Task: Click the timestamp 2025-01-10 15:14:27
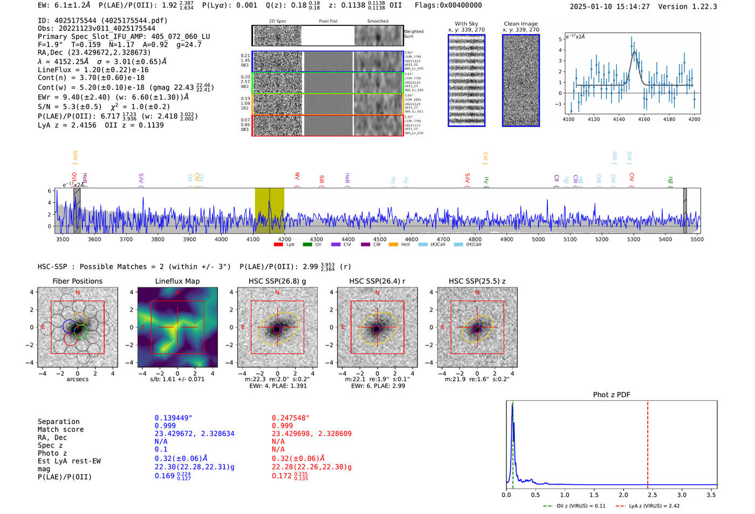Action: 609,6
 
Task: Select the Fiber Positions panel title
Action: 77,281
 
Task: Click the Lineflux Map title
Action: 177,281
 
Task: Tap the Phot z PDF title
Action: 612,395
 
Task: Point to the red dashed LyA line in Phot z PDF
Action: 647,442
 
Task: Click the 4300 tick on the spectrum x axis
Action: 316,239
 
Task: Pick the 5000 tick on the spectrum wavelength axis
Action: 538,239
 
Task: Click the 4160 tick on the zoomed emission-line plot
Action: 644,119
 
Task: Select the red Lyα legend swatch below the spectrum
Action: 278,245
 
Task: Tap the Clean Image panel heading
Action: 520,24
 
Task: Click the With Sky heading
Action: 466,24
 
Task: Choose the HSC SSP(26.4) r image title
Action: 377,281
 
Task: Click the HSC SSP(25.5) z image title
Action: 477,281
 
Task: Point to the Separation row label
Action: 58,422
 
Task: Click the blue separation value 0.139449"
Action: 173,418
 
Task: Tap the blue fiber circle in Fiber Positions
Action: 70,326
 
